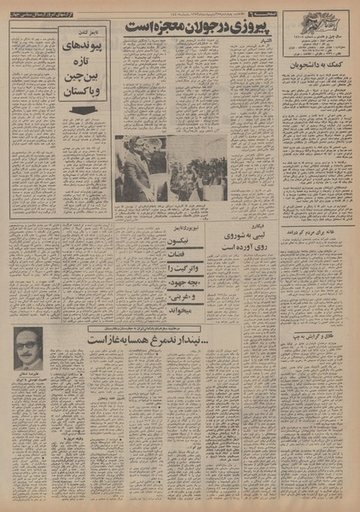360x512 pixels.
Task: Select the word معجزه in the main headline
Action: (x=154, y=27)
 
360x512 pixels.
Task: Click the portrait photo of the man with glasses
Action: (x=29, y=349)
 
